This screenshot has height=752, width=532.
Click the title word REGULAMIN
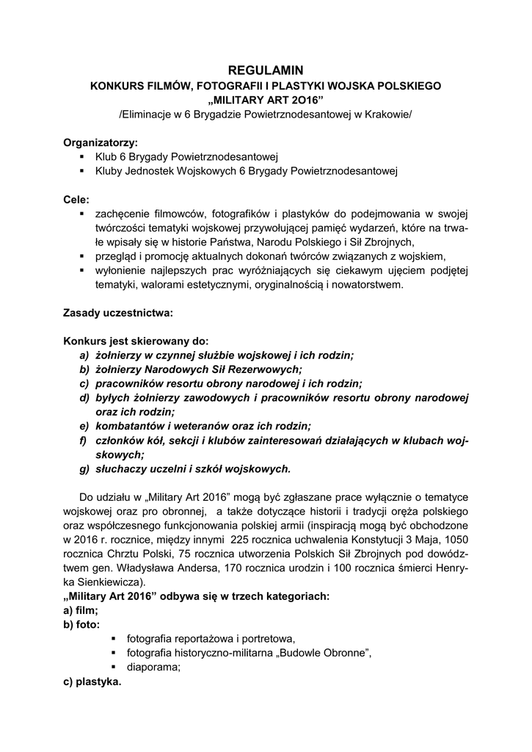[266, 70]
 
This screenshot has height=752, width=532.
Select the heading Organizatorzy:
[101, 142]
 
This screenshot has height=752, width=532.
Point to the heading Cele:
[77, 199]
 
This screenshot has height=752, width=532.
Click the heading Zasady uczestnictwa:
[118, 313]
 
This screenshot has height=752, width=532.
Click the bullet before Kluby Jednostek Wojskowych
[81, 171]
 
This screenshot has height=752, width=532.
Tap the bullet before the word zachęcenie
[81, 214]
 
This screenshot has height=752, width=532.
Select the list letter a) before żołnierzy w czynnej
[84, 355]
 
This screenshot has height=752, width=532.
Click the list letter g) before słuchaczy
[84, 468]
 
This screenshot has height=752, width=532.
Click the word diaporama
[153, 667]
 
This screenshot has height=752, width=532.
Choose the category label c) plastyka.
[92, 681]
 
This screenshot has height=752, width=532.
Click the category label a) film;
[81, 610]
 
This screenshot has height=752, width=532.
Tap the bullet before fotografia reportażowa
[114, 639]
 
